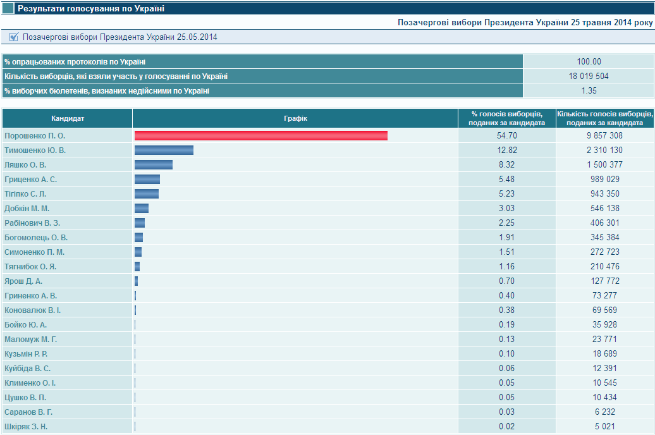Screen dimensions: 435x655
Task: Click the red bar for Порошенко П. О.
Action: (x=260, y=136)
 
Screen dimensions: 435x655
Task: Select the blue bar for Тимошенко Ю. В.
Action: (x=164, y=150)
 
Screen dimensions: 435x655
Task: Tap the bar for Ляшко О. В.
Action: (x=154, y=165)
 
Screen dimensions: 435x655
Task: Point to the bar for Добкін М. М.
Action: (x=142, y=209)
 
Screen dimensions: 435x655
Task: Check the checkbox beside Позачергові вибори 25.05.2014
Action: (x=14, y=37)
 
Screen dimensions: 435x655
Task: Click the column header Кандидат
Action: (x=68, y=118)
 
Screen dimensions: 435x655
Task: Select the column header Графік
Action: (x=295, y=118)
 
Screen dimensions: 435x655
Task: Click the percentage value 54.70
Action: (x=507, y=136)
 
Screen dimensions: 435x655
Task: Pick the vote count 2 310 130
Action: (x=605, y=150)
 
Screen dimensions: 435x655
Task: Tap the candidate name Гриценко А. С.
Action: (x=31, y=180)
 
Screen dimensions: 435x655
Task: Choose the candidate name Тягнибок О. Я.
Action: (x=30, y=267)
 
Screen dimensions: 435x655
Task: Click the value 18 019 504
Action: (x=589, y=77)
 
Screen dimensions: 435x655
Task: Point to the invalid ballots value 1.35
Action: (x=589, y=91)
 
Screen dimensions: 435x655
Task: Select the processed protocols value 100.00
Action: (x=589, y=62)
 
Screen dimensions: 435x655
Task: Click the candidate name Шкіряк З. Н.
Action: (x=26, y=427)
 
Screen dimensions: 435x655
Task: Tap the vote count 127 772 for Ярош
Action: (x=605, y=281)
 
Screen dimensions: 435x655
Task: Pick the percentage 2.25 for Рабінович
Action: (x=507, y=223)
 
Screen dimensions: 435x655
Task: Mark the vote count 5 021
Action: (x=605, y=427)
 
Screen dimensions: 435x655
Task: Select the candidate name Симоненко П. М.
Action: (x=34, y=252)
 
